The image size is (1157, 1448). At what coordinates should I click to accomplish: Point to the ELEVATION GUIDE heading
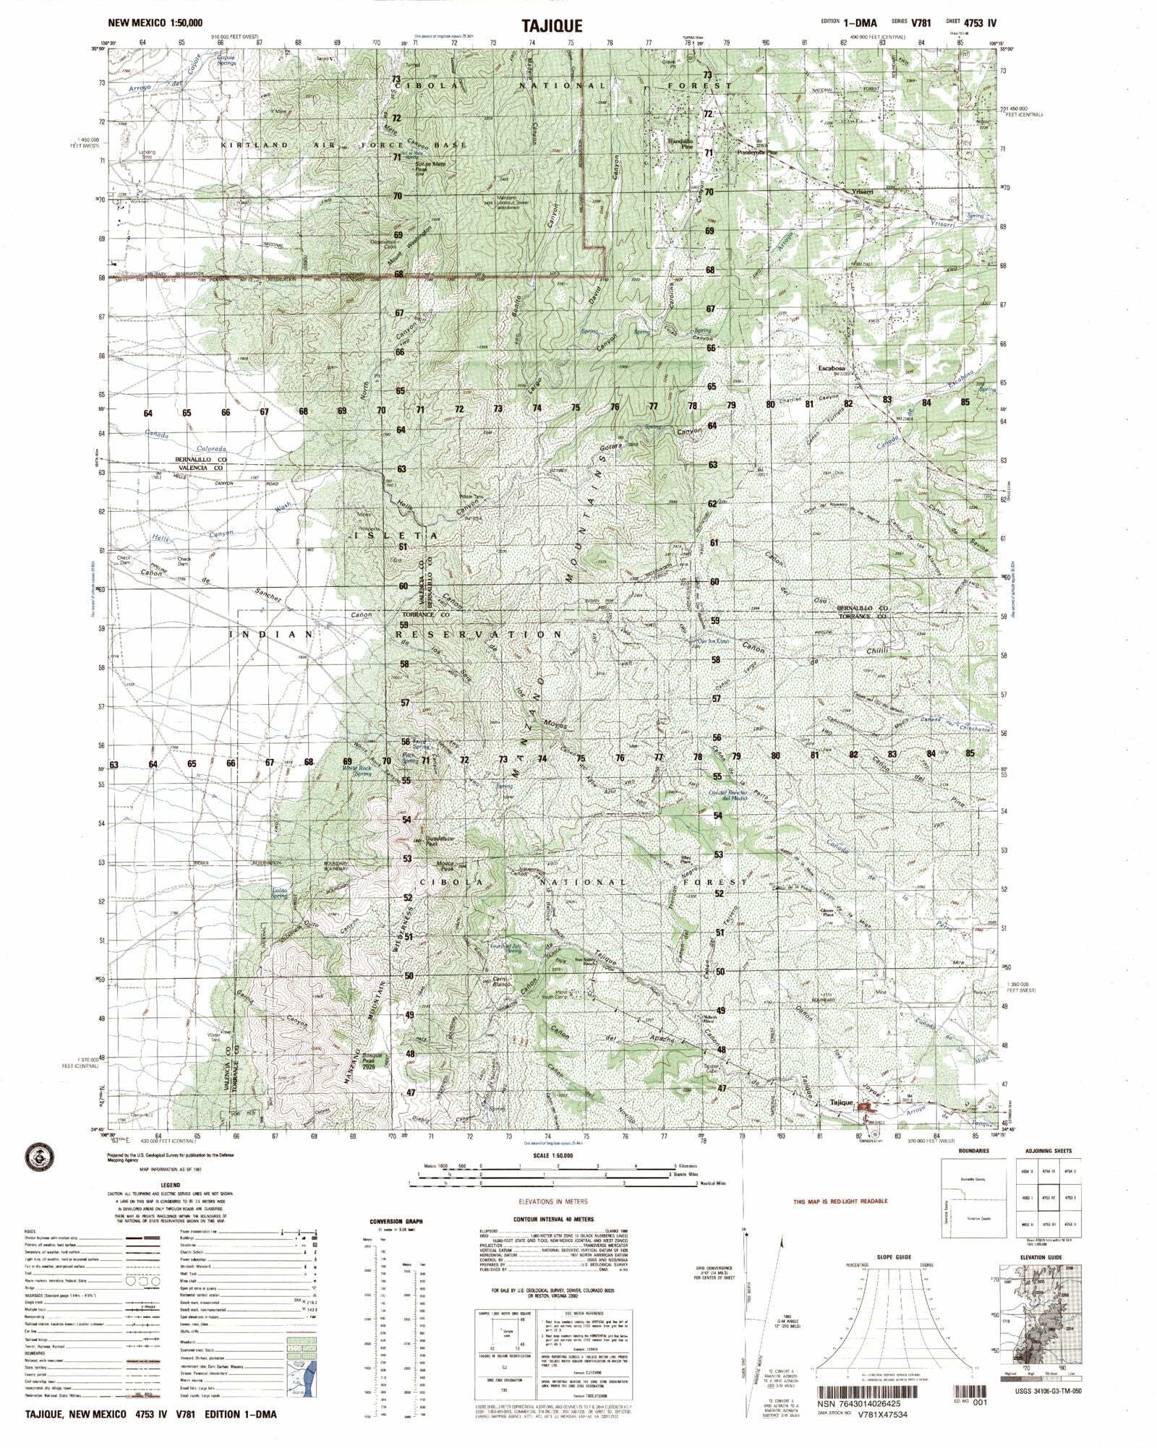(x=1041, y=1257)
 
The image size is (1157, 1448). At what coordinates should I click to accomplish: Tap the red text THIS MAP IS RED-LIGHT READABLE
(x=840, y=1201)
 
